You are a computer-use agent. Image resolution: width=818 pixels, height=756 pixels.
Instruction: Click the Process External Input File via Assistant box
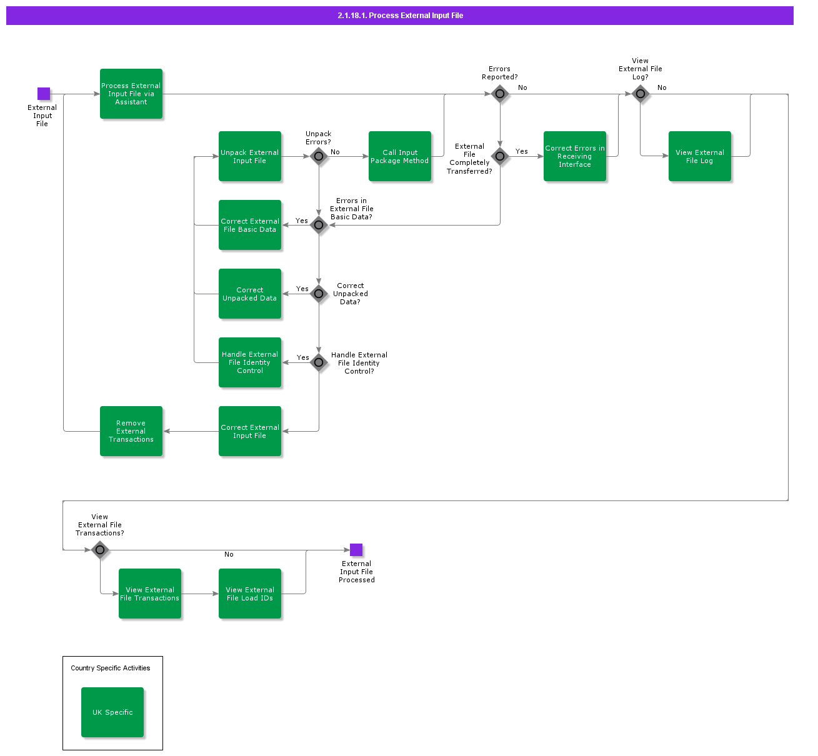[x=131, y=94]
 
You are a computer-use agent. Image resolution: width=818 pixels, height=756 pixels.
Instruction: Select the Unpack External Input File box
[x=250, y=156]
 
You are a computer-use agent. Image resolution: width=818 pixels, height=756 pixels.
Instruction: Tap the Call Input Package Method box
[x=400, y=156]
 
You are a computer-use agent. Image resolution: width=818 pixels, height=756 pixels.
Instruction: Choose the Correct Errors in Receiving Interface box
[x=575, y=156]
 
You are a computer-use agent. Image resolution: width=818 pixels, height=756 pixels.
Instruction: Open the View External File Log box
[x=700, y=156]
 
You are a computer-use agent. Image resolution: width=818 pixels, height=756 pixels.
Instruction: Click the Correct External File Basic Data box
[x=250, y=225]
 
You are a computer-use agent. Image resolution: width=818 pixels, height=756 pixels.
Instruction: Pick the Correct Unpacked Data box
[x=250, y=294]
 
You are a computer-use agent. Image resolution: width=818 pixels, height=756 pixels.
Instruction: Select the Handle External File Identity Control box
[x=250, y=362]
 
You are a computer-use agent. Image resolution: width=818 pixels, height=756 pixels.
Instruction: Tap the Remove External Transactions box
[x=131, y=431]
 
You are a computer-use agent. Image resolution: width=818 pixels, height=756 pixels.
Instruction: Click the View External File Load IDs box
[x=250, y=594]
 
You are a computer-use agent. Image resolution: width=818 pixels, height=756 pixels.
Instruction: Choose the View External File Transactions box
[x=150, y=594]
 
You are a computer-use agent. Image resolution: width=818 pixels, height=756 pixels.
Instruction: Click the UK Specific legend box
[x=112, y=712]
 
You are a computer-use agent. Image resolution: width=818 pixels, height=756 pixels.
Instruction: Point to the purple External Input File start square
[x=44, y=94]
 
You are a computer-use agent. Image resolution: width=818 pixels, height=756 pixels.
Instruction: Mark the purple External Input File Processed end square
[x=356, y=550]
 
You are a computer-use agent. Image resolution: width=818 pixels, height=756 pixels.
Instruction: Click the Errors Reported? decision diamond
[x=500, y=94]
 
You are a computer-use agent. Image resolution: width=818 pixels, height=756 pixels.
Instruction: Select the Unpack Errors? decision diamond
[x=319, y=156]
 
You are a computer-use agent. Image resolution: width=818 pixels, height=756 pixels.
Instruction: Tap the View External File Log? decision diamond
[x=641, y=94]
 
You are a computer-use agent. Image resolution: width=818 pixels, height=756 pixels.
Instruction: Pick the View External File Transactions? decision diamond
[x=100, y=550]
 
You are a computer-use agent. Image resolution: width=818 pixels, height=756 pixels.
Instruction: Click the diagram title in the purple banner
[x=400, y=16]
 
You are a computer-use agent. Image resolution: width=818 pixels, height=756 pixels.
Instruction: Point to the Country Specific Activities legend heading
[x=111, y=668]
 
